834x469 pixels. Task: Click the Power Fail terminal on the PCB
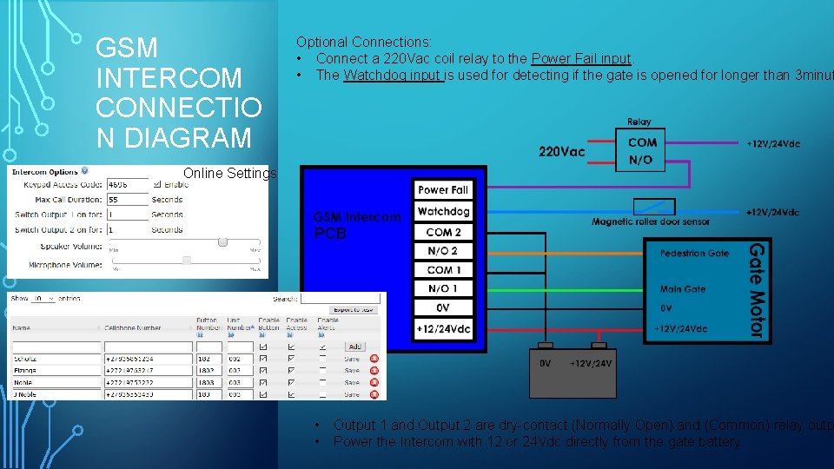click(443, 190)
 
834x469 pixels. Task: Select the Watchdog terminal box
click(443, 211)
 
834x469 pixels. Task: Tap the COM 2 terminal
click(443, 232)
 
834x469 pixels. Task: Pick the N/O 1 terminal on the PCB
click(443, 288)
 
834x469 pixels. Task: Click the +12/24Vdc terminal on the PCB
click(443, 328)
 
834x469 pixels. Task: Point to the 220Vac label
click(562, 152)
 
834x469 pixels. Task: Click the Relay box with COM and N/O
click(642, 151)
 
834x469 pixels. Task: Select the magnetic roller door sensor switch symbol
click(654, 208)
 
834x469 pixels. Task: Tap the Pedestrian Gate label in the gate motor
click(694, 253)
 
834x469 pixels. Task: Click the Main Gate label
click(683, 289)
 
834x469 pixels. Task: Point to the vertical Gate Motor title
click(757, 290)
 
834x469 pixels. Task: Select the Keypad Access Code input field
click(128, 185)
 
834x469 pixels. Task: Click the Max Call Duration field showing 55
click(128, 199)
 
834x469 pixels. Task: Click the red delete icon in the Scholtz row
click(374, 359)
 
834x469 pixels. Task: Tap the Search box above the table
click(340, 299)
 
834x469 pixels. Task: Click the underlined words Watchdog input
click(393, 75)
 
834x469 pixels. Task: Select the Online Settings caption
click(230, 174)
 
